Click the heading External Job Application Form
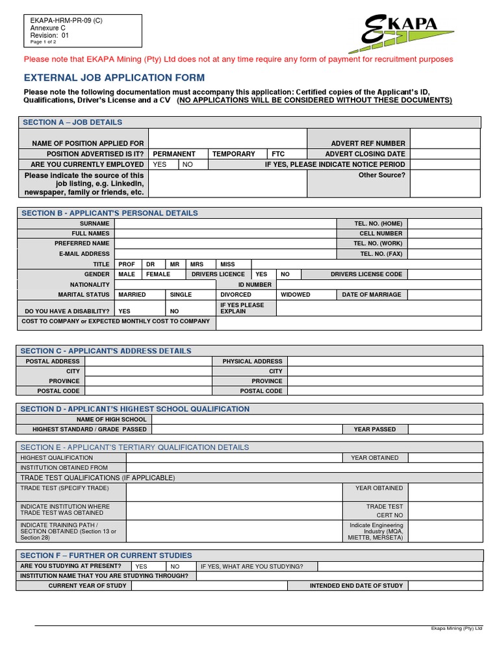(x=114, y=77)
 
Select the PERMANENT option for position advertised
(x=173, y=154)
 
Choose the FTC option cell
(x=278, y=154)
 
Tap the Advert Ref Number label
(x=368, y=143)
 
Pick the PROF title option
(x=126, y=264)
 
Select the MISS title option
(x=227, y=264)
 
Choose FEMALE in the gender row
(x=158, y=274)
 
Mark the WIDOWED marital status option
(x=295, y=294)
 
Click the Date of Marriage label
(x=372, y=294)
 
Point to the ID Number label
(x=255, y=284)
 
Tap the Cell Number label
(x=381, y=233)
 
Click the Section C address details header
(x=106, y=351)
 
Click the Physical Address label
(x=252, y=361)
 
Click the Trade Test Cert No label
(x=385, y=510)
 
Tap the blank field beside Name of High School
(x=317, y=420)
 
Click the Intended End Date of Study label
(x=356, y=585)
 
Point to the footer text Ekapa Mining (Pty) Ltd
(x=457, y=629)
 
